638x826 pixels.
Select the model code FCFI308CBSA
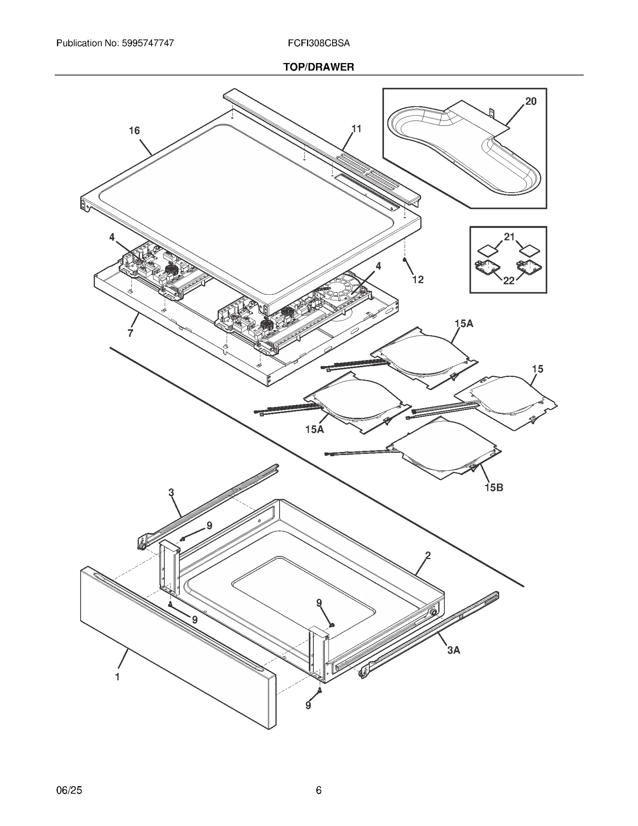tap(319, 43)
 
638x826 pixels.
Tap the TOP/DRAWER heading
tap(319, 67)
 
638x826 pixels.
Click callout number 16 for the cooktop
tap(134, 130)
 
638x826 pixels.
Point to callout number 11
tap(356, 129)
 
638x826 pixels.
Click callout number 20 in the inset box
tap(531, 101)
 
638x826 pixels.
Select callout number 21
tap(509, 237)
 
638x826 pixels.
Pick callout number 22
tap(509, 281)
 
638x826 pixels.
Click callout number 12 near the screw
tap(418, 280)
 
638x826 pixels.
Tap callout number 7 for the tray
tap(130, 333)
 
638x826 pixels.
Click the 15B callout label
tap(494, 487)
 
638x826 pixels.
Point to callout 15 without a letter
tap(538, 369)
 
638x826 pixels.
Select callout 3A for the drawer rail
tap(453, 650)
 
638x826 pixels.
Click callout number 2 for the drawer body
tap(428, 556)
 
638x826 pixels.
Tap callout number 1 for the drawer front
tap(117, 677)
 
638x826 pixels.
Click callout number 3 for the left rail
tap(171, 493)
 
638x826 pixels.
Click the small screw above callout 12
tap(405, 260)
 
